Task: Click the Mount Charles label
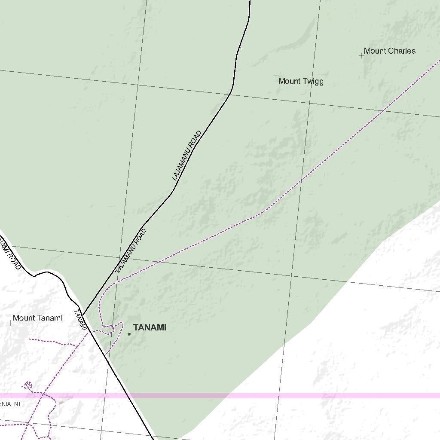tap(389, 51)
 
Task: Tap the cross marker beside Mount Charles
tap(361, 55)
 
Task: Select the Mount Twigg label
tap(301, 81)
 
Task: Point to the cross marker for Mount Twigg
tap(276, 76)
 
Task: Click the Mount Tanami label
tap(37, 318)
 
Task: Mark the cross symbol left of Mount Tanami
tap(10, 323)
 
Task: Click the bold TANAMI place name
tap(150, 327)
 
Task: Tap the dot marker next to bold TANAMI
tap(129, 334)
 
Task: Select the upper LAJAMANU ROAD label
tap(186, 156)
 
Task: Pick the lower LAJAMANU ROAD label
tap(131, 251)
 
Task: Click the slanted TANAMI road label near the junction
tap(81, 320)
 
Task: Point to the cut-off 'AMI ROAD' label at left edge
tap(9, 255)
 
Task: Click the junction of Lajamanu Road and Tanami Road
tap(83, 314)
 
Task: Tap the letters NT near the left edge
tap(17, 404)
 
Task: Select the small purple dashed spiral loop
tap(29, 385)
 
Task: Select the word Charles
tap(402, 51)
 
